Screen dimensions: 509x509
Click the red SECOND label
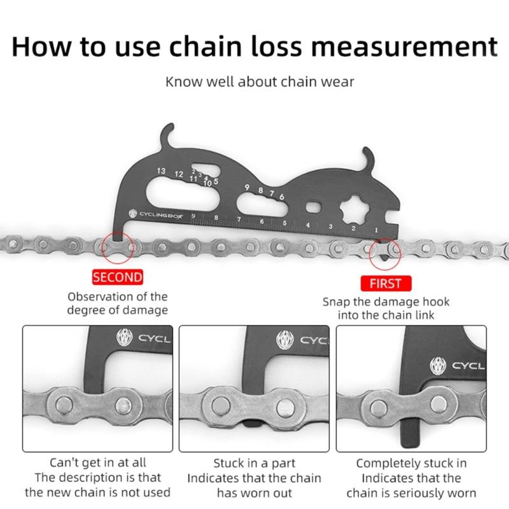pyautogui.click(x=118, y=277)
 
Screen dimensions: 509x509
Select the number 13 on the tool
pyautogui.click(x=161, y=172)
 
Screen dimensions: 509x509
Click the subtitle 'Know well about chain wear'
pyautogui.click(x=260, y=82)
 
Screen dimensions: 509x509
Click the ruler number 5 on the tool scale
pyautogui.click(x=284, y=223)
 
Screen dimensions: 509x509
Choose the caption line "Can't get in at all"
pyautogui.click(x=97, y=463)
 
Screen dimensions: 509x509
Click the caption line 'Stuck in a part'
pyautogui.click(x=254, y=463)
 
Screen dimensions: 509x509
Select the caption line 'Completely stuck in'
pyautogui.click(x=411, y=463)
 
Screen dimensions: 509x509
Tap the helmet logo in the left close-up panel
pyautogui.click(x=125, y=338)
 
